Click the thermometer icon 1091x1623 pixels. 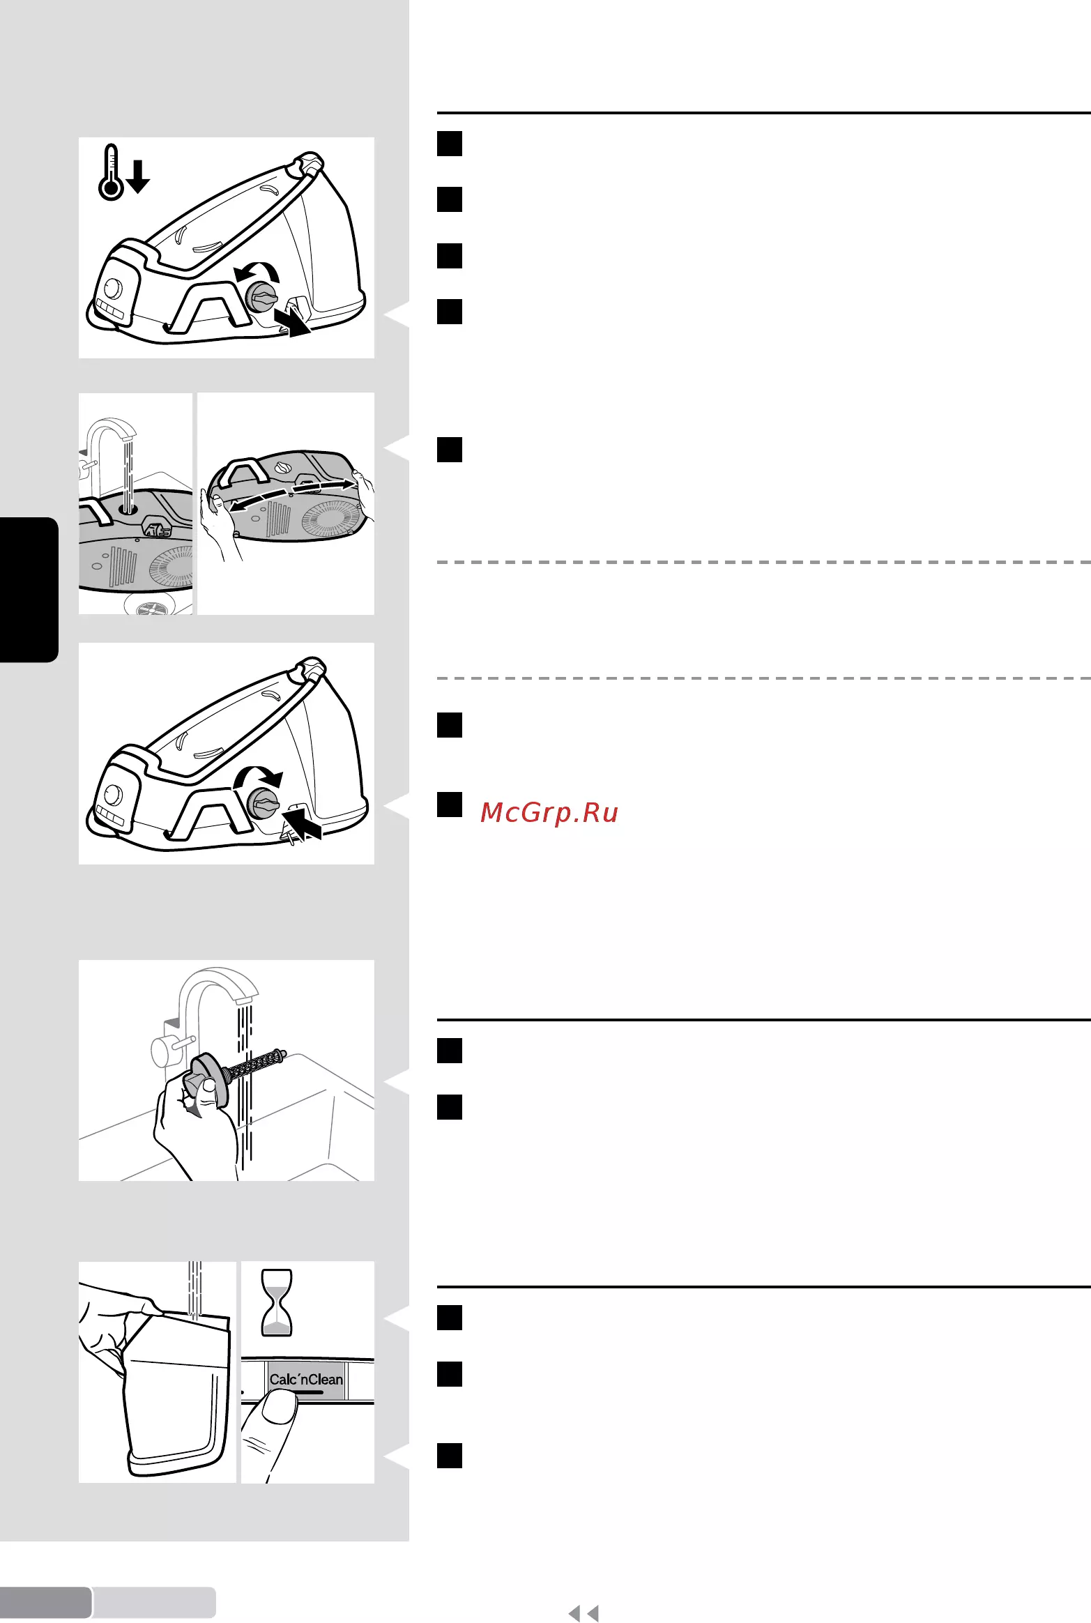pyautogui.click(x=111, y=173)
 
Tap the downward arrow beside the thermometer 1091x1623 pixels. pyautogui.click(x=138, y=176)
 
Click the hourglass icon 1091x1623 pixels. pyautogui.click(x=277, y=1302)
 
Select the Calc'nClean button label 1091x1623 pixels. pyautogui.click(x=306, y=1380)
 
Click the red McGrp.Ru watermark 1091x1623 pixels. pyautogui.click(x=549, y=813)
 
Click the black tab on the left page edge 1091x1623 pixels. pyautogui.click(x=29, y=590)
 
